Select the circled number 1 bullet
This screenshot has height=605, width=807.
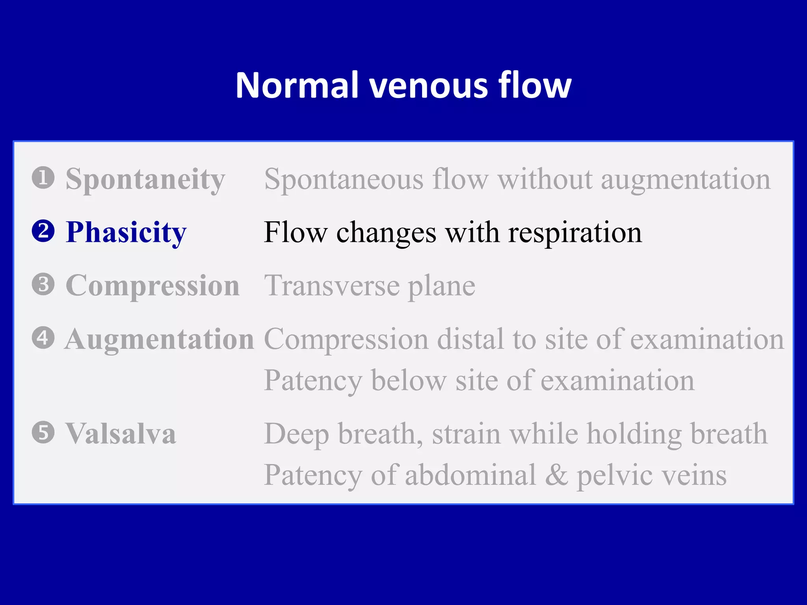point(43,178)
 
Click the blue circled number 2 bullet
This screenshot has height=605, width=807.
point(43,231)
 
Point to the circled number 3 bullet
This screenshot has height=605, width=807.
point(43,284)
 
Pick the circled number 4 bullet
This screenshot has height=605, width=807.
point(43,338)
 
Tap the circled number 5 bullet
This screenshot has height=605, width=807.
point(43,432)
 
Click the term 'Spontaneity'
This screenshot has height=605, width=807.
point(145,180)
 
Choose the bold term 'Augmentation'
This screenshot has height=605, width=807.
point(159,340)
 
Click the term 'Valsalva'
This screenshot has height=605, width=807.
point(121,434)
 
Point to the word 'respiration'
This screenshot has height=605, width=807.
point(575,233)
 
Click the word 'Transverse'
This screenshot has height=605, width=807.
point(332,286)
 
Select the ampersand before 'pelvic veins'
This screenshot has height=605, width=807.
point(556,475)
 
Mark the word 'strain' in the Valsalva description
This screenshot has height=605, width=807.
point(466,434)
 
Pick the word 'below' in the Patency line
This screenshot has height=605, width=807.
point(409,381)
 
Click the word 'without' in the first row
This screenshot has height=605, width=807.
point(545,180)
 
